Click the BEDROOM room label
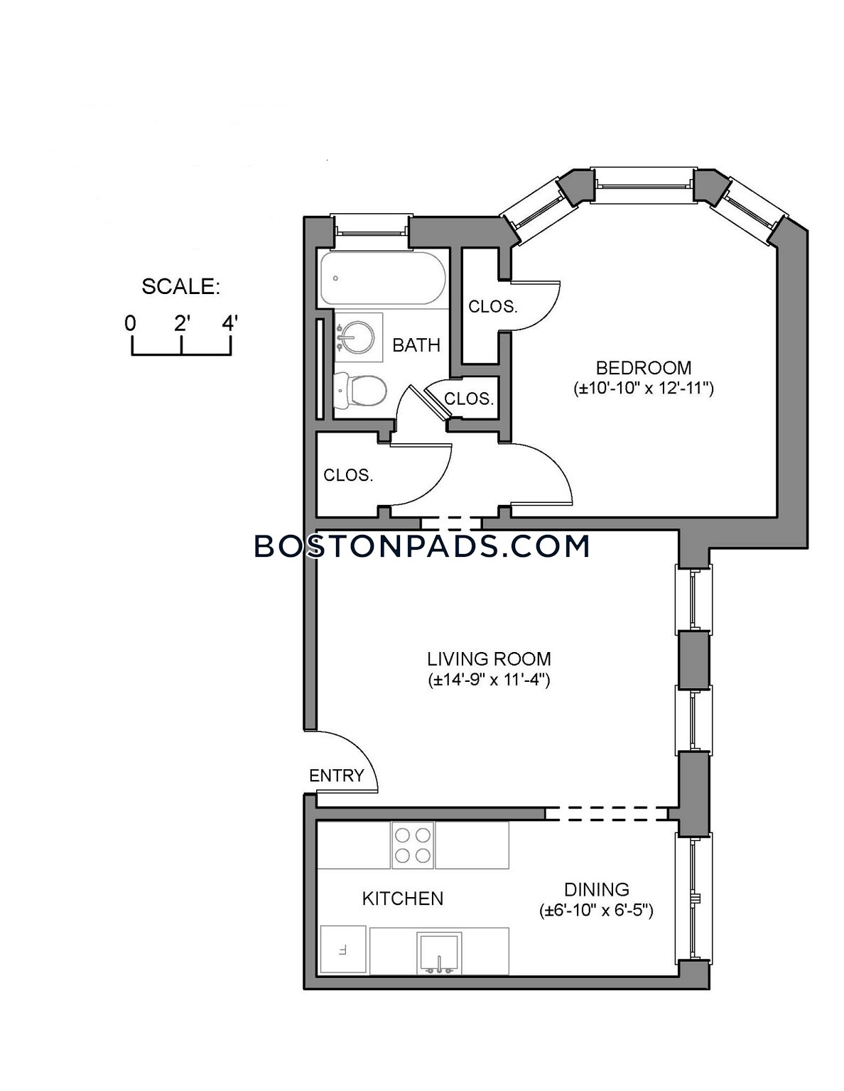click(643, 368)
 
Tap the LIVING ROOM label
click(489, 658)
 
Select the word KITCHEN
click(403, 899)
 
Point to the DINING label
click(597, 890)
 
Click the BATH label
click(416, 345)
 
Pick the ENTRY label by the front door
click(337, 776)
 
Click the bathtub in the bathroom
click(382, 278)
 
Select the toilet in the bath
click(360, 390)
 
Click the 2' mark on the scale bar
click(180, 325)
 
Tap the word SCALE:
click(180, 287)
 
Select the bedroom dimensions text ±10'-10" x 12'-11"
click(644, 389)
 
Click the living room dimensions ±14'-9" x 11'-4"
click(489, 680)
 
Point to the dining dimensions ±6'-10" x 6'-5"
click(597, 911)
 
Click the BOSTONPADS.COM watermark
click(422, 546)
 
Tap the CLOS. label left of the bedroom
click(492, 306)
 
